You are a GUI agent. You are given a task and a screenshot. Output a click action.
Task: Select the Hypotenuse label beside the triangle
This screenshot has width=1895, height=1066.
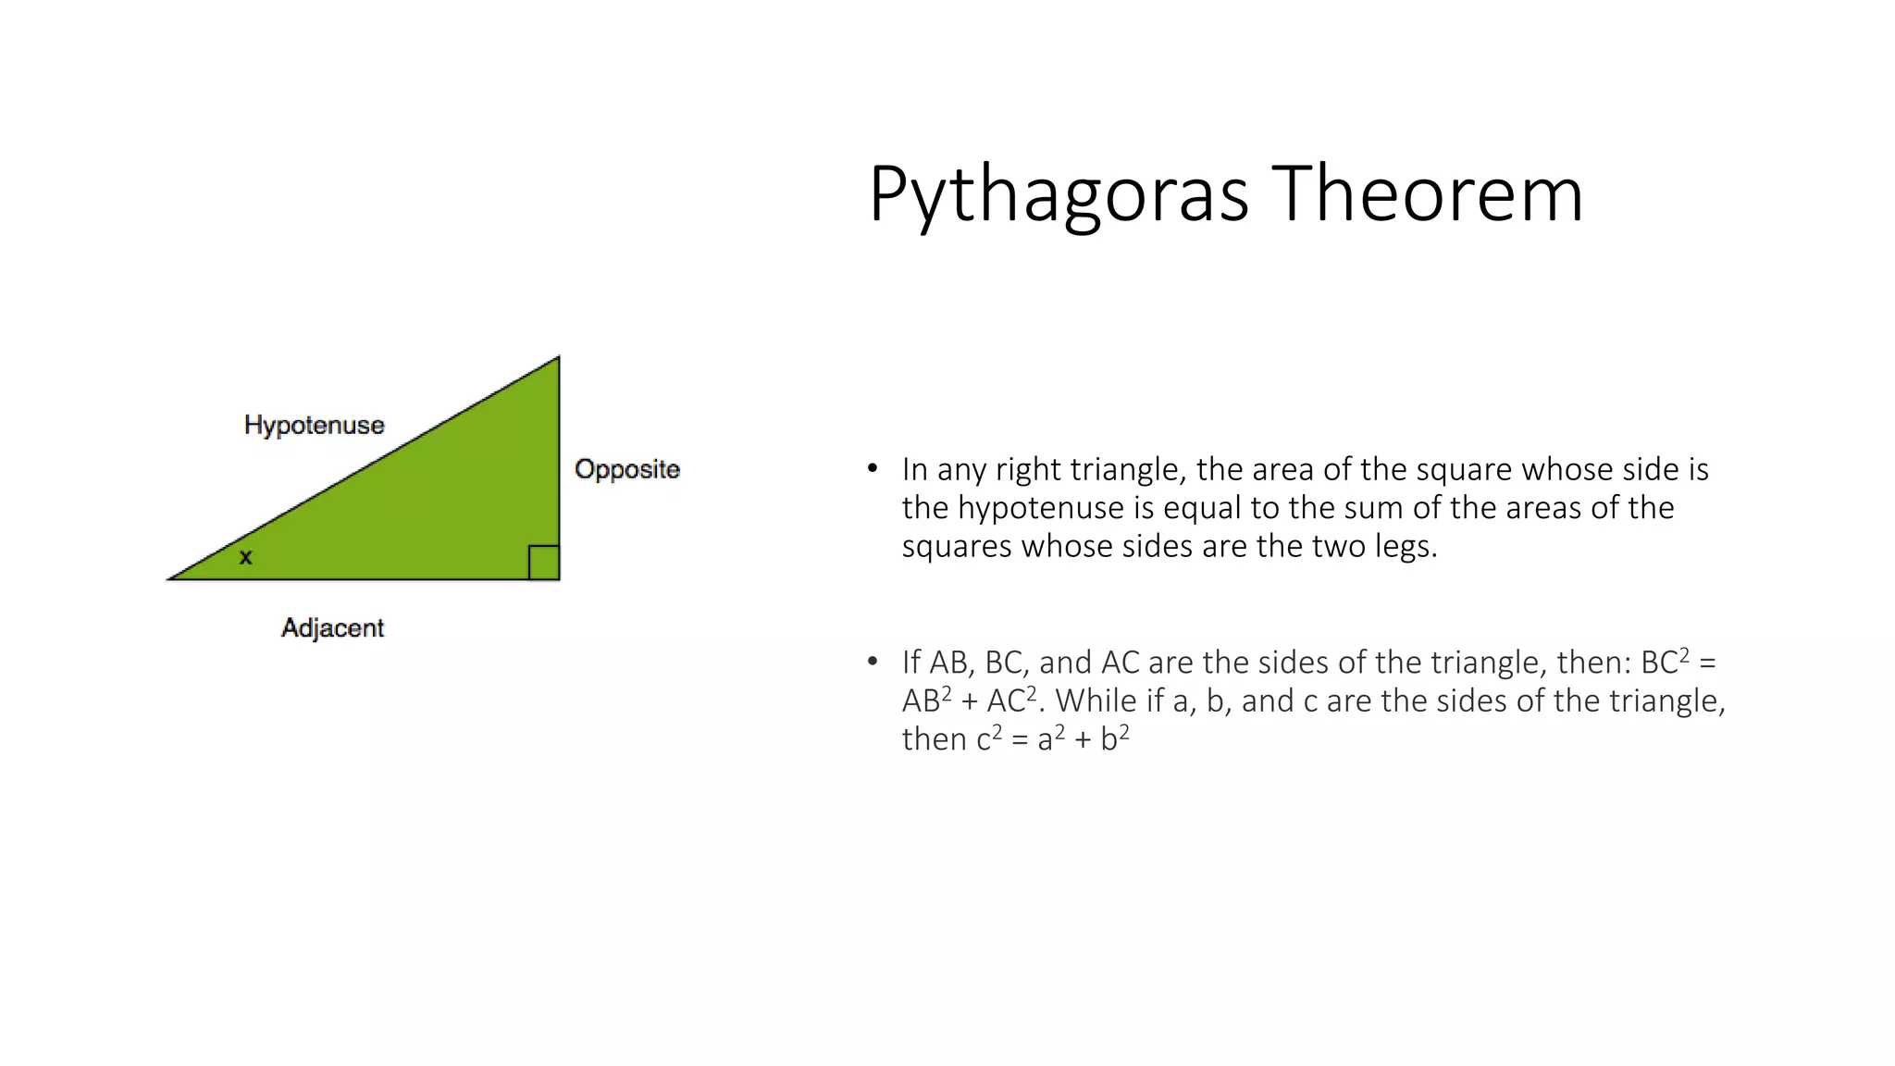click(x=314, y=425)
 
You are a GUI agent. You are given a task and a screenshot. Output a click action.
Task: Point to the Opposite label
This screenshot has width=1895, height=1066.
click(x=626, y=469)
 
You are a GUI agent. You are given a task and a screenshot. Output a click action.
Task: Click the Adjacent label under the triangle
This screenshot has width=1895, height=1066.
click(x=332, y=627)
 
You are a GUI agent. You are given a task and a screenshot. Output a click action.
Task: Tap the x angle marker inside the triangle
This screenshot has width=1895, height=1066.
click(x=245, y=557)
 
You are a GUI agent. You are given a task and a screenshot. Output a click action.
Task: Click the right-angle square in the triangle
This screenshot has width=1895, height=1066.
click(x=543, y=563)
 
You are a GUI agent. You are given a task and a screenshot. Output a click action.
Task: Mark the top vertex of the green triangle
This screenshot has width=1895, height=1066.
click(x=558, y=358)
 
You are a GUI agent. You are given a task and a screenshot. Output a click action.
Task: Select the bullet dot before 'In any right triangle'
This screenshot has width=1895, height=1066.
click(x=872, y=468)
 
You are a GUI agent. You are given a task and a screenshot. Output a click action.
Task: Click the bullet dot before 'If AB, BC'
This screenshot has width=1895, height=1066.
click(x=872, y=661)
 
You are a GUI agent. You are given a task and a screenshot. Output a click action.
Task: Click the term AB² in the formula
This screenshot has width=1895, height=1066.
click(x=926, y=700)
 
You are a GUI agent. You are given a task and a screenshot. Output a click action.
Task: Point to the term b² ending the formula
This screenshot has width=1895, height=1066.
click(x=1114, y=738)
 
